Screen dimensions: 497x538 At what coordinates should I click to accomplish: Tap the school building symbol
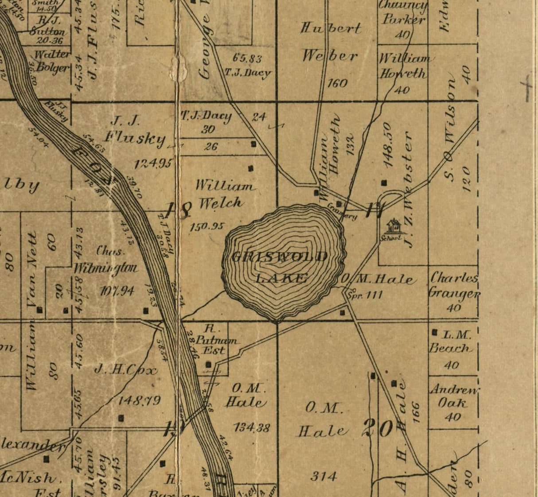392,226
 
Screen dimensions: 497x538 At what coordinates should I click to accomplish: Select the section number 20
378,428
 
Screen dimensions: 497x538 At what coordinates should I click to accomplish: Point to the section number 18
179,210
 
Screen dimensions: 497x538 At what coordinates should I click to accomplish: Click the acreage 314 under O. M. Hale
324,477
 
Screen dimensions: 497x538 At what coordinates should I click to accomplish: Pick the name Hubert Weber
331,42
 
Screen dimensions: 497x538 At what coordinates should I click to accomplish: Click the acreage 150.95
207,227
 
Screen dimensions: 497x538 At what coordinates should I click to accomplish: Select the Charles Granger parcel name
454,286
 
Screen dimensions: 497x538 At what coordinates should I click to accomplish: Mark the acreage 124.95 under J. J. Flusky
153,164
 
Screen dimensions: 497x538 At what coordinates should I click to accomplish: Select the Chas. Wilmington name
107,260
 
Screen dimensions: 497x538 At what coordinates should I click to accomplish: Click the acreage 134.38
252,427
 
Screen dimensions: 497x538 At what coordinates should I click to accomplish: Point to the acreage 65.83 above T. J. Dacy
247,58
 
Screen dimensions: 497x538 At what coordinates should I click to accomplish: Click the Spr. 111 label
364,295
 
